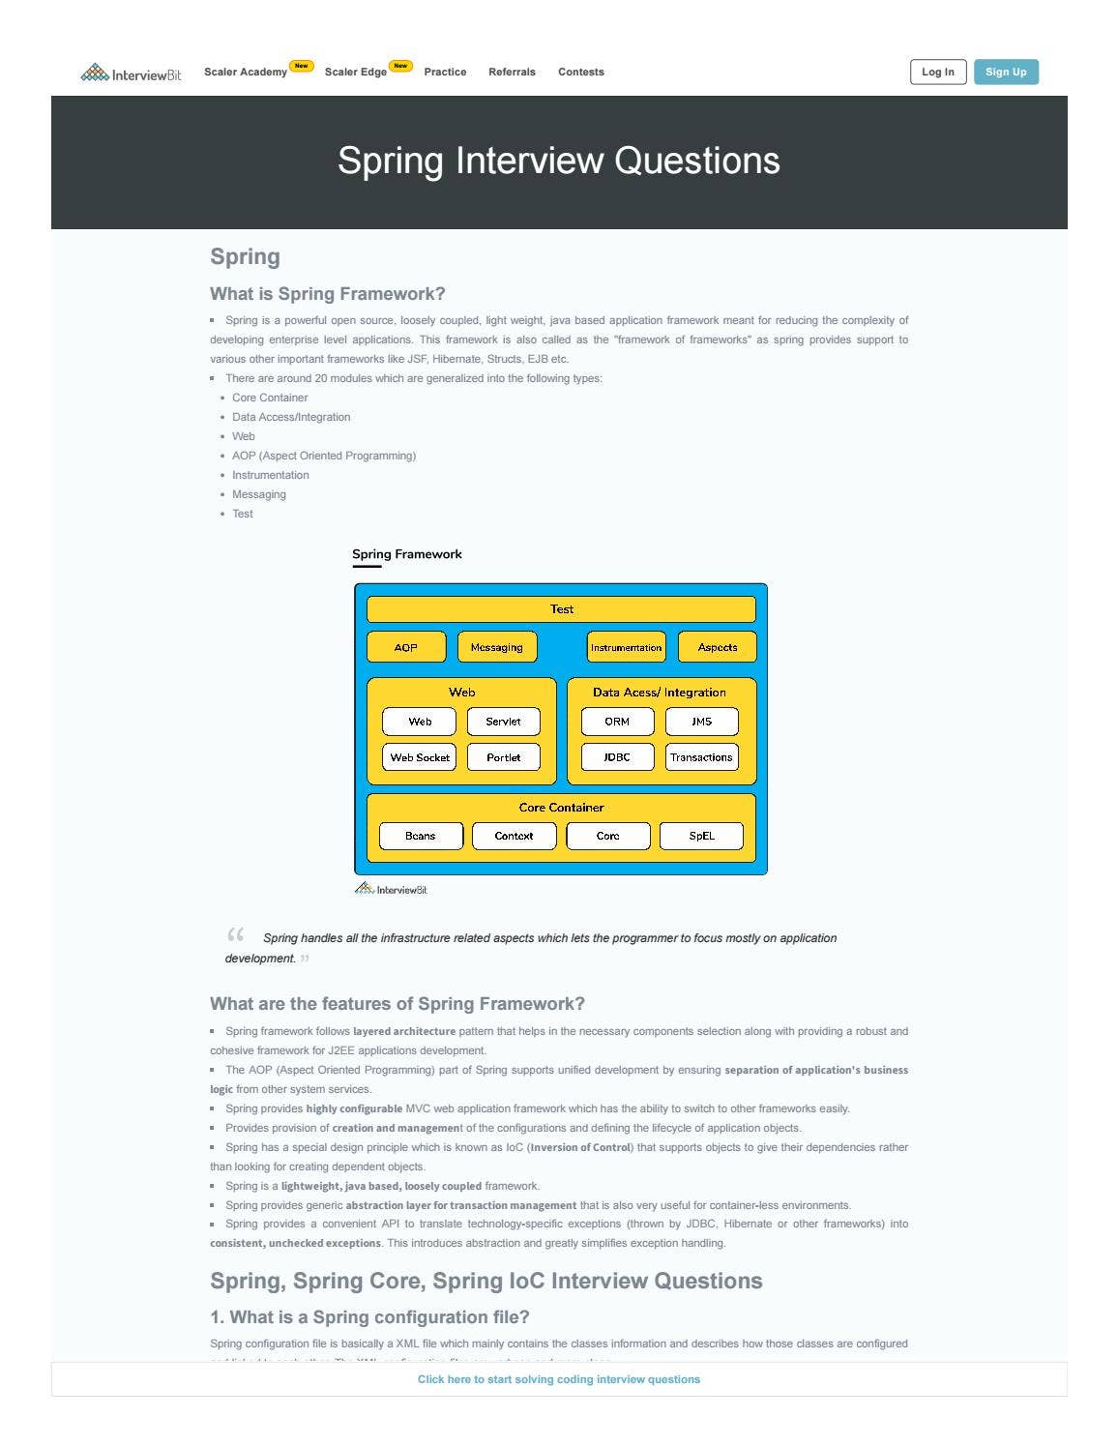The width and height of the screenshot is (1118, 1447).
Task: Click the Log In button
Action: pyautogui.click(x=937, y=73)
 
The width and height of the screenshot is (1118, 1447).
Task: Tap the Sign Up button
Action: pyautogui.click(x=1006, y=73)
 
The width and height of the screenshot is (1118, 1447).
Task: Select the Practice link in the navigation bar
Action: pyautogui.click(x=445, y=73)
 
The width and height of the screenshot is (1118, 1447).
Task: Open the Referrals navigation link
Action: pyautogui.click(x=512, y=73)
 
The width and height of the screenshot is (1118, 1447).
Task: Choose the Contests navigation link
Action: pyautogui.click(x=580, y=73)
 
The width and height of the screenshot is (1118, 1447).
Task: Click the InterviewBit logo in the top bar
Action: pyautogui.click(x=131, y=74)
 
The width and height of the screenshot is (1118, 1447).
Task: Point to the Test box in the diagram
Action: pyautogui.click(x=561, y=609)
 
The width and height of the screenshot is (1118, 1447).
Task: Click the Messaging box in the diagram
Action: pyautogui.click(x=496, y=647)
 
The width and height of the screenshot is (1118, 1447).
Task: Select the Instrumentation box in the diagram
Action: pyautogui.click(x=626, y=647)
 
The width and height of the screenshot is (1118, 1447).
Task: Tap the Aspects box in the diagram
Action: pyautogui.click(x=717, y=647)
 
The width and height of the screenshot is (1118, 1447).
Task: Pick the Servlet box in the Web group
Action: pyautogui.click(x=503, y=722)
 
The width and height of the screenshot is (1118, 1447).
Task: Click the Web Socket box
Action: pyautogui.click(x=420, y=757)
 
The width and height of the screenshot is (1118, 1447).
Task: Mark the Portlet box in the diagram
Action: pyautogui.click(x=503, y=757)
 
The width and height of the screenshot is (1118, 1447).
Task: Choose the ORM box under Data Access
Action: pyautogui.click(x=617, y=722)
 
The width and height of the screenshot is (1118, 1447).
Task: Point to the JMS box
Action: pyautogui.click(x=701, y=722)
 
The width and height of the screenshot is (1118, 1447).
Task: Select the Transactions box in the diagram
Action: pyautogui.click(x=701, y=757)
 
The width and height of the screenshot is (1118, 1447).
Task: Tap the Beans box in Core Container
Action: pyautogui.click(x=421, y=836)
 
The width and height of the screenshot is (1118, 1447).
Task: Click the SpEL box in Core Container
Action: pyautogui.click(x=701, y=836)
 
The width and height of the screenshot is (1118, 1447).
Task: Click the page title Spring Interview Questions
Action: pyautogui.click(x=559, y=161)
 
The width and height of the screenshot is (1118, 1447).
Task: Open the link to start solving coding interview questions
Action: pyautogui.click(x=559, y=1379)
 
